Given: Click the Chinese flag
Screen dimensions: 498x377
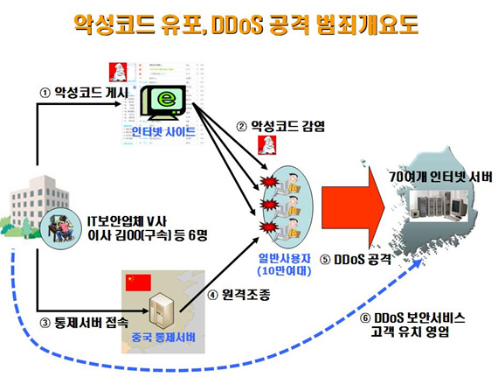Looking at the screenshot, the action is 138,283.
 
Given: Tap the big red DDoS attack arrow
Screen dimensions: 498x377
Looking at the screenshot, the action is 353,207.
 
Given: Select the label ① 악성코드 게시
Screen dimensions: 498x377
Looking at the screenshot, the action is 84,93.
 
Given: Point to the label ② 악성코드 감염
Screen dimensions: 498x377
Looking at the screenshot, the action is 280,127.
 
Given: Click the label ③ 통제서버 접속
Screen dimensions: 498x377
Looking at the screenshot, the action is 84,323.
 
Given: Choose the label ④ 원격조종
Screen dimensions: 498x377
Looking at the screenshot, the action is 239,295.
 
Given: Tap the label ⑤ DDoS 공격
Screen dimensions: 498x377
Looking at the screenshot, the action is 356,260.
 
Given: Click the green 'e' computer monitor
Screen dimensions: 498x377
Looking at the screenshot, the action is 163,102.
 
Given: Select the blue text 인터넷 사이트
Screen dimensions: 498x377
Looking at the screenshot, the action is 163,131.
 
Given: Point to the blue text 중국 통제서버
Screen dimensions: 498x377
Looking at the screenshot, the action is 163,338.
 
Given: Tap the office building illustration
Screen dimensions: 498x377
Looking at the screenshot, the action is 35,206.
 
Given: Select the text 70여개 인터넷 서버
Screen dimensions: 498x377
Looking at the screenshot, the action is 441,177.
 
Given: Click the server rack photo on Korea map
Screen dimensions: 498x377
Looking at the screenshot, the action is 439,206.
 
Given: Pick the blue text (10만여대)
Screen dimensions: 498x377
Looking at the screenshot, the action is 284,271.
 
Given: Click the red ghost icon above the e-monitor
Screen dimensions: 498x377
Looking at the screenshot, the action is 118,72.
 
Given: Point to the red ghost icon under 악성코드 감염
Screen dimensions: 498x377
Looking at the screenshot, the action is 267,145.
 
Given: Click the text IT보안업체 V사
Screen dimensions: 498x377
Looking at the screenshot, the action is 127,221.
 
